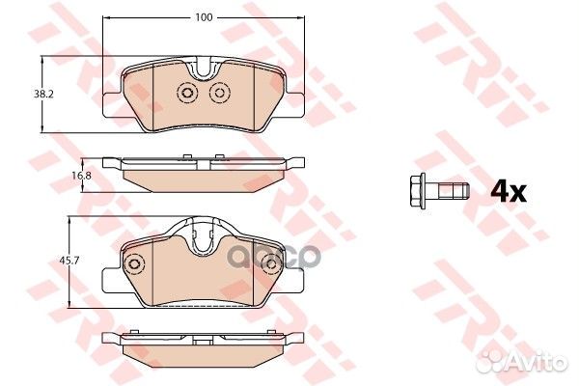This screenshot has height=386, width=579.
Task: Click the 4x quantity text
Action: (508, 191)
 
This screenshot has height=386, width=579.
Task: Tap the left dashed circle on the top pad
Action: (186, 93)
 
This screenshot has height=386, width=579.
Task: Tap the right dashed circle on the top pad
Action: (219, 93)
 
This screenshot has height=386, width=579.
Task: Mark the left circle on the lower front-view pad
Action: (135, 262)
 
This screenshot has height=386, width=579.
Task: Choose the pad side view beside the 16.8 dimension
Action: (203, 172)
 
